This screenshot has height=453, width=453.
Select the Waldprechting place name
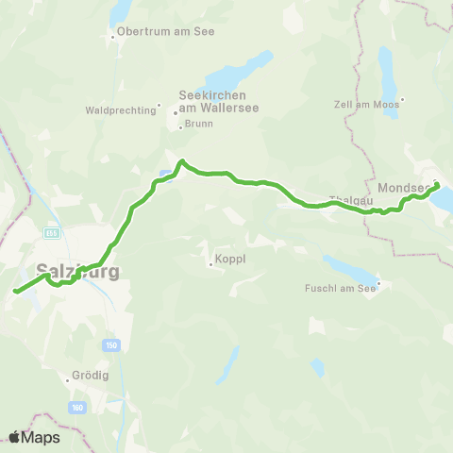pos(120,110)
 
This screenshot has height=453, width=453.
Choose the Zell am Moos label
pos(369,104)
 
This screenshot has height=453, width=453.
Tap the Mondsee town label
pos(404,188)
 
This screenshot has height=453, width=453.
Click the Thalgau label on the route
pos(345,200)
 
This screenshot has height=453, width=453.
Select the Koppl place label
pos(228,263)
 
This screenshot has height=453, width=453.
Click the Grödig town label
pos(90,375)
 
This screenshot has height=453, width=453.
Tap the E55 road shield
pos(52,232)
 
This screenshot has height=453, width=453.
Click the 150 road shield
pos(112,344)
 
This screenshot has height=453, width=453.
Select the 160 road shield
pos(76,408)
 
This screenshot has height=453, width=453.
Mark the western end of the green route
pos(16,292)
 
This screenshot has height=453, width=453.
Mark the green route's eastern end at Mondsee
pos(437,185)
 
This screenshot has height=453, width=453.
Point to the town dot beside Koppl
pos(210,263)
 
